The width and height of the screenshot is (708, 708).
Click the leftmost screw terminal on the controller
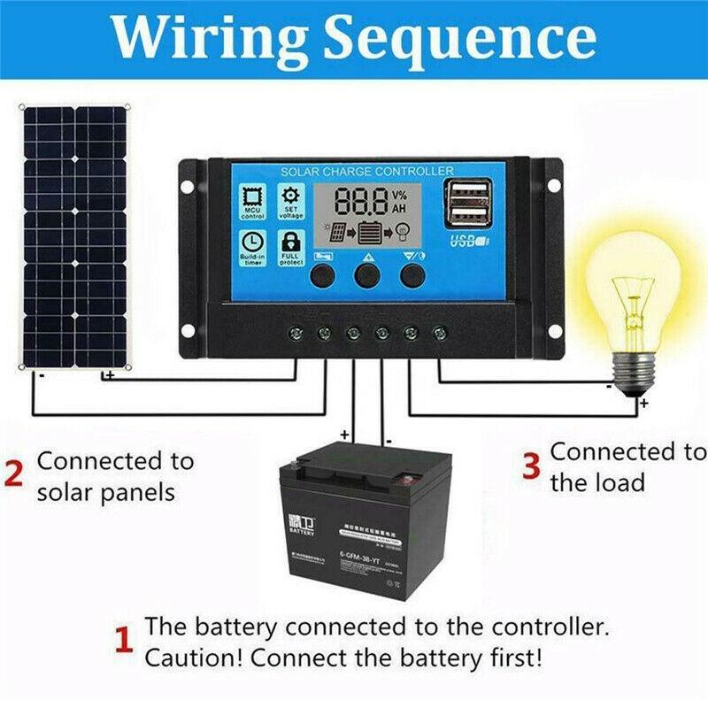pyautogui.click(x=296, y=334)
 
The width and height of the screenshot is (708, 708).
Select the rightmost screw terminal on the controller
pyautogui.click(x=439, y=334)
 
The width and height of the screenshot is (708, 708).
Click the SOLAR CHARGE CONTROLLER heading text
pyautogui.click(x=366, y=171)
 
